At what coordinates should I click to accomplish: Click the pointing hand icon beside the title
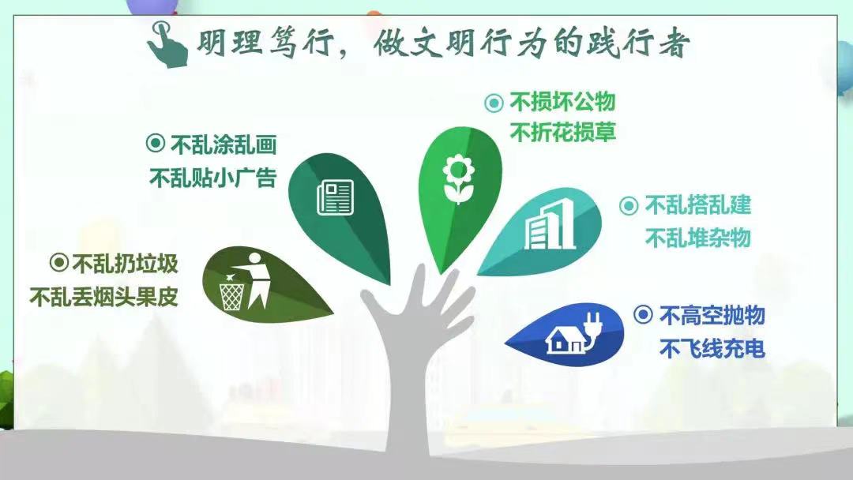coord(167,44)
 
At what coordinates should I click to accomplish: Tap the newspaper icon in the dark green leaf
coord(335,197)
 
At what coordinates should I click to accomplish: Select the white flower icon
coord(458,179)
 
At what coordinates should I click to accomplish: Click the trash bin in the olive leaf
coord(231,294)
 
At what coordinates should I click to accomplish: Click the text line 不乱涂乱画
coord(224,144)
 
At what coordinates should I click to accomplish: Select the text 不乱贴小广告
coord(213,178)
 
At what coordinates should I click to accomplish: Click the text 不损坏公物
coord(562,102)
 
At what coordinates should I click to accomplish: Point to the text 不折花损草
coord(562,132)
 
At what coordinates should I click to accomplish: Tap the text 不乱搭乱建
coord(698,205)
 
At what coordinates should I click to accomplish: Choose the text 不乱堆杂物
coord(698,238)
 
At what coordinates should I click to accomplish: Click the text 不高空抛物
coord(712,315)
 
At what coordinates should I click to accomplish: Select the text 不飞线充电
coord(712,348)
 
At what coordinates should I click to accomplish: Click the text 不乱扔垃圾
coord(125,264)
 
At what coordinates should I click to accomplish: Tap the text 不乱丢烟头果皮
coord(104,297)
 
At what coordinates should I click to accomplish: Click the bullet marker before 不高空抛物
coord(643,314)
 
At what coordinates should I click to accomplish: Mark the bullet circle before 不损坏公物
coord(494,103)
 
